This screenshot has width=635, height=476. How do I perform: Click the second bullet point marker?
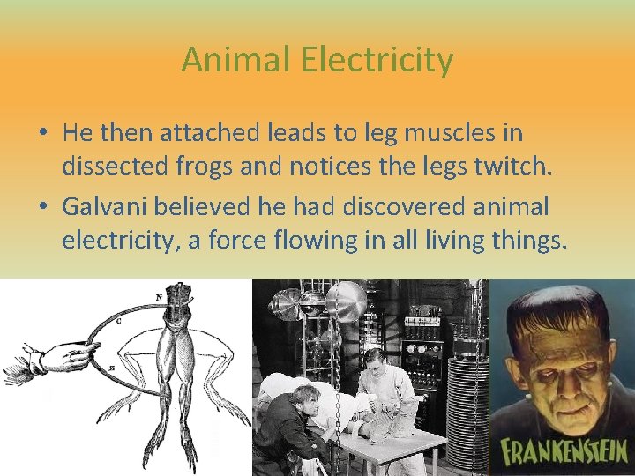[43, 208]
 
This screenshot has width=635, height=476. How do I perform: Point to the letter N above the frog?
[159, 297]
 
